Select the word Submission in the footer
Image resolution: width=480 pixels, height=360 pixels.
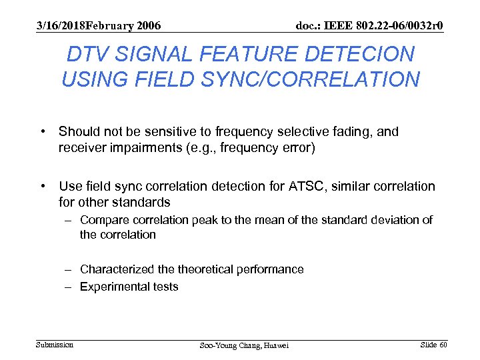pos(55,345)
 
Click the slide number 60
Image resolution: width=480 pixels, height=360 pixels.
pos(442,345)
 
